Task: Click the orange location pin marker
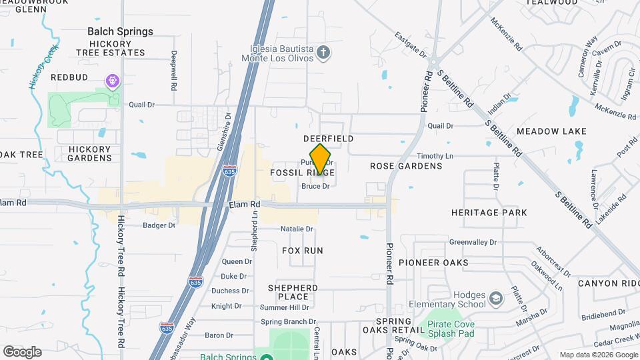click(x=321, y=159)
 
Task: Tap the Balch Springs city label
click(x=120, y=31)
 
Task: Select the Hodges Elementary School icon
click(x=495, y=297)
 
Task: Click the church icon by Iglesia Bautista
click(x=323, y=52)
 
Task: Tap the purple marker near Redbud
click(x=113, y=81)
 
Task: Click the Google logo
click(x=22, y=351)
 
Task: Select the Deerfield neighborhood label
click(x=328, y=138)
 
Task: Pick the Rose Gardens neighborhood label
click(x=406, y=165)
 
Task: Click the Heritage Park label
click(x=489, y=213)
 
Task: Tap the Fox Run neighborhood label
click(x=303, y=251)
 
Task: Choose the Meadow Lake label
click(x=551, y=131)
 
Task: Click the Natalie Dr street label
click(x=297, y=229)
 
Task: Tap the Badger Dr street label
click(x=159, y=225)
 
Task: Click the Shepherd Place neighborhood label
click(x=293, y=292)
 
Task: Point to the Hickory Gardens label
click(x=90, y=153)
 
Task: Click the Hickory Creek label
click(x=44, y=67)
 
